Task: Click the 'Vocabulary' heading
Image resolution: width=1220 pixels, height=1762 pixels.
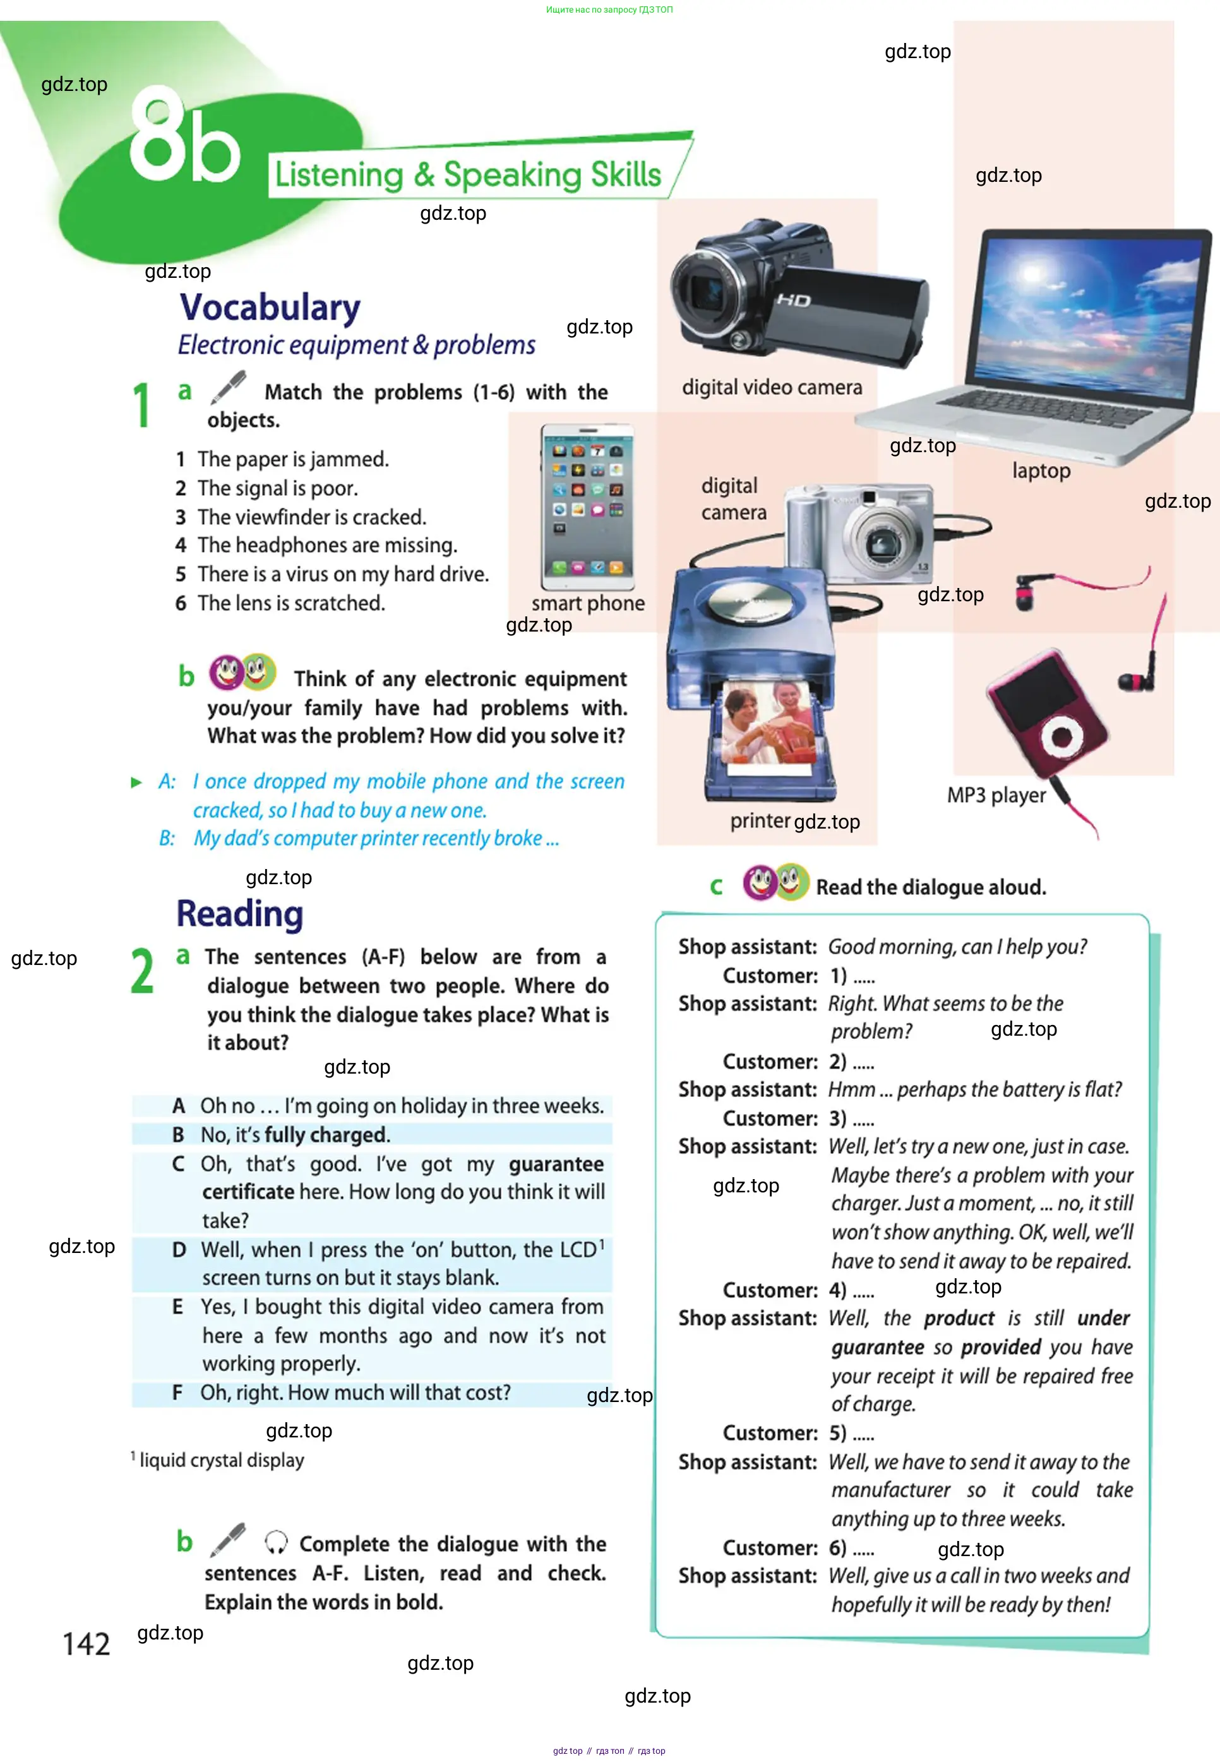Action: click(270, 308)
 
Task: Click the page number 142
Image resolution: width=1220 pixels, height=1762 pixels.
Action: click(87, 1643)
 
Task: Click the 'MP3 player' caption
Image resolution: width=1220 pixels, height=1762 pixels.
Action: click(996, 795)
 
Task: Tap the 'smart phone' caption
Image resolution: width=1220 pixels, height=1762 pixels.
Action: click(588, 603)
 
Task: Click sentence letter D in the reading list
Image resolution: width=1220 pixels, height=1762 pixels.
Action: click(179, 1249)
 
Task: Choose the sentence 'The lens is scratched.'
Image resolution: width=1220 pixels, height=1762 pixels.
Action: click(291, 603)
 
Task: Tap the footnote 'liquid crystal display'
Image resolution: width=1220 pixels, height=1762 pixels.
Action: click(222, 1460)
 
